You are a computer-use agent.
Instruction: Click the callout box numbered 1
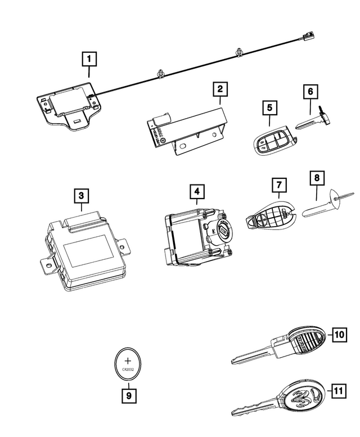(x=88, y=58)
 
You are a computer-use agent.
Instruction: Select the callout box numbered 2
(x=220, y=89)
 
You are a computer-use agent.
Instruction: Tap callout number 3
(x=82, y=195)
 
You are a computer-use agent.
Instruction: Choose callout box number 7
(x=277, y=184)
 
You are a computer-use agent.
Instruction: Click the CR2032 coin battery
(x=128, y=362)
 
